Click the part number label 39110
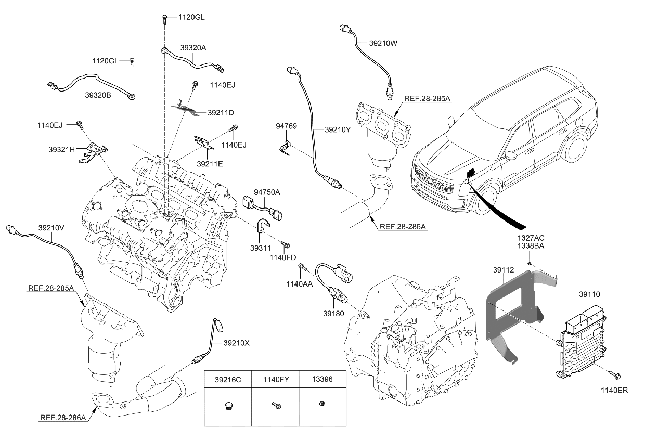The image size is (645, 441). (589, 294)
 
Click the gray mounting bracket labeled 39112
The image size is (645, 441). (507, 312)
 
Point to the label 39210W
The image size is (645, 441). (383, 44)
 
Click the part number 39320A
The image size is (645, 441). (193, 47)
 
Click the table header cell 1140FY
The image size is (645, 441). (275, 380)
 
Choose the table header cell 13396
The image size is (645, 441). (322, 380)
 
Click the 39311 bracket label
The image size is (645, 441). (261, 248)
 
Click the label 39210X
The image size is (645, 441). (237, 343)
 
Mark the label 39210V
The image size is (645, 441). (51, 227)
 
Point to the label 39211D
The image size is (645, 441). (221, 112)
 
